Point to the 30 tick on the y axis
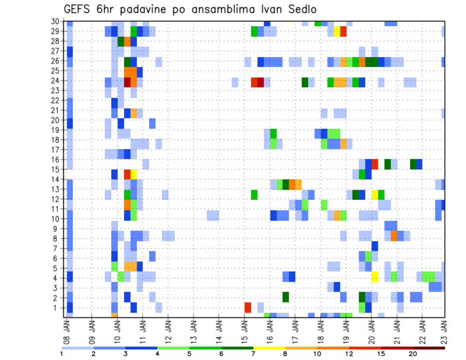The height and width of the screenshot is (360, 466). pyautogui.click(x=57, y=21)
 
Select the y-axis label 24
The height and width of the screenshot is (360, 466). pyautogui.click(x=57, y=81)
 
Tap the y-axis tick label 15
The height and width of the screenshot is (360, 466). pyautogui.click(x=57, y=169)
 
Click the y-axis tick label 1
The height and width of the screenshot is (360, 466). pyautogui.click(x=59, y=307)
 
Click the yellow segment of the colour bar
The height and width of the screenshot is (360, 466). pyautogui.click(x=269, y=348)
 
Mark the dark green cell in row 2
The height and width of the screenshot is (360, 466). pyautogui.click(x=285, y=296)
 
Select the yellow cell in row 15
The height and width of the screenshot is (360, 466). pyautogui.click(x=133, y=174)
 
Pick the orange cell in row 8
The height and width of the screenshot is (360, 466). pyautogui.click(x=394, y=236)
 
